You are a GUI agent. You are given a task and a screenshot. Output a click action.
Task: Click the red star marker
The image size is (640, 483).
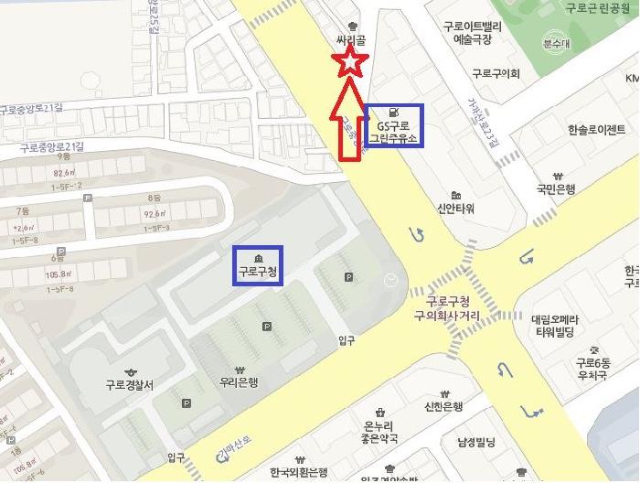351,62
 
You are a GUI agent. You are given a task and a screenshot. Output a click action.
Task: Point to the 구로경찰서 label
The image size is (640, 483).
130,384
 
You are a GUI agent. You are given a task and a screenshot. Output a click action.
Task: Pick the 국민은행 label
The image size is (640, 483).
556,189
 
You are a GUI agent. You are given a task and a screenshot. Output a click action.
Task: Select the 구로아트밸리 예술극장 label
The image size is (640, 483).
473,33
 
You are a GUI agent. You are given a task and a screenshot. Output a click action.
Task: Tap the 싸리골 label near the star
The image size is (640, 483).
351,40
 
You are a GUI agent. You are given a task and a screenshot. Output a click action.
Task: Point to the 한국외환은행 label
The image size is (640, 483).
298,473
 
